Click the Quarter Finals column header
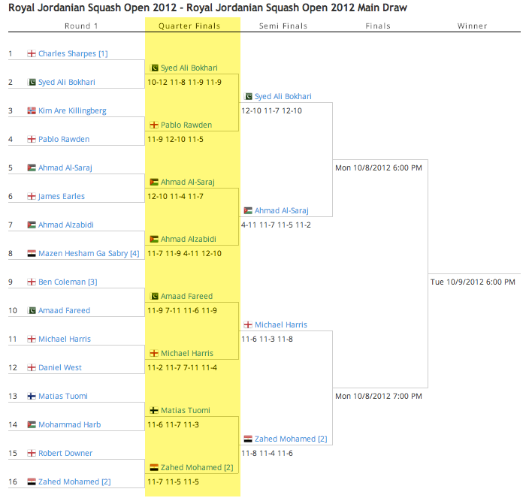189,26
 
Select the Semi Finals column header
283,26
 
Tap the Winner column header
472,26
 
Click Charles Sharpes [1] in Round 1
73,53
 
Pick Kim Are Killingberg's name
72,111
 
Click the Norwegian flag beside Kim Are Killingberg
32,110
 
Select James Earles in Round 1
62,196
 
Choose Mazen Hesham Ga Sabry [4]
89,253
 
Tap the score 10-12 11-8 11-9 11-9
185,83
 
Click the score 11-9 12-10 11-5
175,140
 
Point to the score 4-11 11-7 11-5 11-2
276,225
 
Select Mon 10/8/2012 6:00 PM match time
379,168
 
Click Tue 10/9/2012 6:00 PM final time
473,282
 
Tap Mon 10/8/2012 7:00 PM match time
379,396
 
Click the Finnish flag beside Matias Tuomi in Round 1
32,396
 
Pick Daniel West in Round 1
60,367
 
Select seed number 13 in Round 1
13,396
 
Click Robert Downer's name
65,453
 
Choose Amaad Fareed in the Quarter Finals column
186,296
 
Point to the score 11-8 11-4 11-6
267,453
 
